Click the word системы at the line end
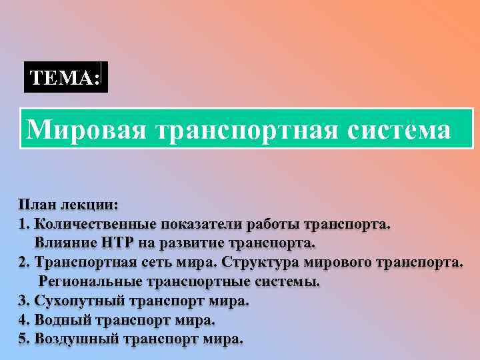pos(287,281)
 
